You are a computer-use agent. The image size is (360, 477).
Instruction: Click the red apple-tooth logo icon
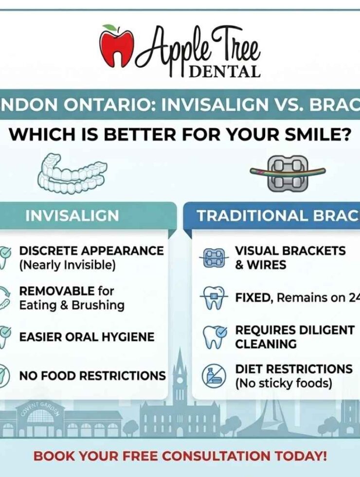click(115, 47)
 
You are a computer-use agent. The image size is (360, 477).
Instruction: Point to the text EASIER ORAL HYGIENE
click(87, 337)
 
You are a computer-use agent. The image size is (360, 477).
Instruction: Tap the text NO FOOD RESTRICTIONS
click(92, 376)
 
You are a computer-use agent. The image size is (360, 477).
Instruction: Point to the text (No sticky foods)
click(284, 383)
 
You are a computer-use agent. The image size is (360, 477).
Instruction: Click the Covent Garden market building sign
click(41, 410)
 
